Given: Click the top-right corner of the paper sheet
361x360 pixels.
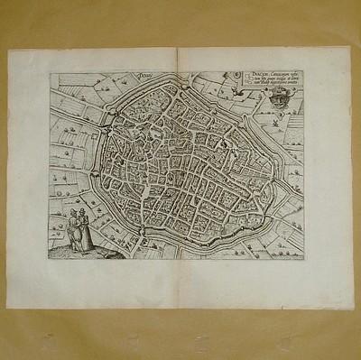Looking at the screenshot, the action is (349, 45).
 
